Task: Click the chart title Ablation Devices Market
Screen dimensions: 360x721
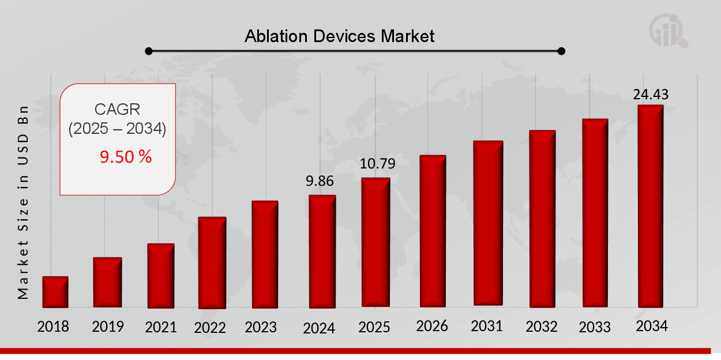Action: click(x=339, y=36)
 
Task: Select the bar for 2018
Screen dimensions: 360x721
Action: click(x=55, y=292)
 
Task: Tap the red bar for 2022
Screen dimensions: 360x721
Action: click(x=212, y=262)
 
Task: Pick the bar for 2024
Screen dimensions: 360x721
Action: click(x=322, y=251)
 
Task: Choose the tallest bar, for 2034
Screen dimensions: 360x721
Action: click(x=650, y=206)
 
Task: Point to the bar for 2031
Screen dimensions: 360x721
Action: click(x=488, y=223)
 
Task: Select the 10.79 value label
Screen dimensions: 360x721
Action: click(x=377, y=164)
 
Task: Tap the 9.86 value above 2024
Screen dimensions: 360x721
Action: click(x=320, y=181)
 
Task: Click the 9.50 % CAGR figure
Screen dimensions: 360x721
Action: click(x=126, y=156)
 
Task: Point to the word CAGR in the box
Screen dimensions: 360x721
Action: click(x=117, y=109)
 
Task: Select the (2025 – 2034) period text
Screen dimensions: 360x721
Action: click(x=117, y=129)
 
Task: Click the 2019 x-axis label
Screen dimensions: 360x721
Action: click(x=108, y=327)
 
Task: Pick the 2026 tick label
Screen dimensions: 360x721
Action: click(x=432, y=327)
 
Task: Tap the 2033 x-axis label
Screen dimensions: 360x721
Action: click(x=595, y=327)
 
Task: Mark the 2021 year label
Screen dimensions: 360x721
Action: click(x=160, y=327)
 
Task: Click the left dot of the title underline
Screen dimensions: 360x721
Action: click(x=149, y=51)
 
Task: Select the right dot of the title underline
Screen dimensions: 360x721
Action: click(x=562, y=51)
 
